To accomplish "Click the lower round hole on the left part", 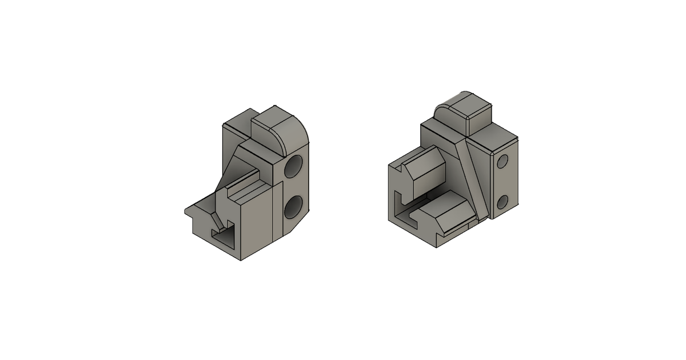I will tap(293, 207).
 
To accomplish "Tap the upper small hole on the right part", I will tap(503, 162).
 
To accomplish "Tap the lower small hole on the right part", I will tap(503, 201).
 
